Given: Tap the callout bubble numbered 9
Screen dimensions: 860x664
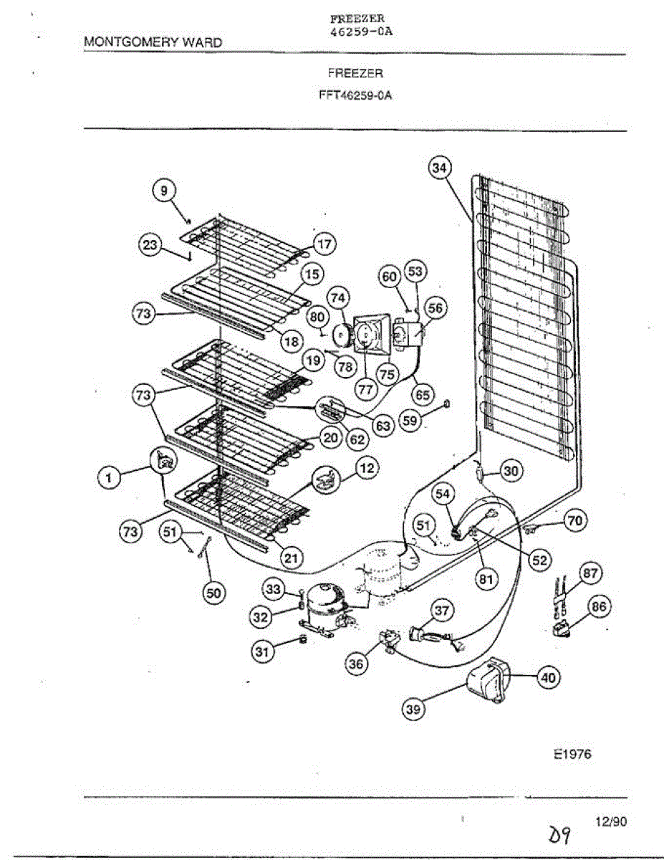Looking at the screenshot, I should [x=163, y=191].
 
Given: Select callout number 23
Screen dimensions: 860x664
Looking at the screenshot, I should [x=150, y=245].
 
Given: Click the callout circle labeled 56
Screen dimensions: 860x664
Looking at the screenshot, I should [x=435, y=308].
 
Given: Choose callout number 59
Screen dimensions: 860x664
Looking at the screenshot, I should [x=410, y=421].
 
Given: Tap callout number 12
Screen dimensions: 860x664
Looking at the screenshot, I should [x=367, y=468].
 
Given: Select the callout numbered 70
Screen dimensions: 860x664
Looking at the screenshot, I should [x=574, y=521].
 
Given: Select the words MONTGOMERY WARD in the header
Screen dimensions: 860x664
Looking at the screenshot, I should [x=153, y=42].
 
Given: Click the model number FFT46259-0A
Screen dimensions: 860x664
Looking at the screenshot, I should [x=355, y=95].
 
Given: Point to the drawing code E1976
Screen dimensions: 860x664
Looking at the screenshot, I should [x=572, y=754].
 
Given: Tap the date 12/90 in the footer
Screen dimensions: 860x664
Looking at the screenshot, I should [x=610, y=823].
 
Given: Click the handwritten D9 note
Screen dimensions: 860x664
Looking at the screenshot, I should [x=560, y=833].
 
